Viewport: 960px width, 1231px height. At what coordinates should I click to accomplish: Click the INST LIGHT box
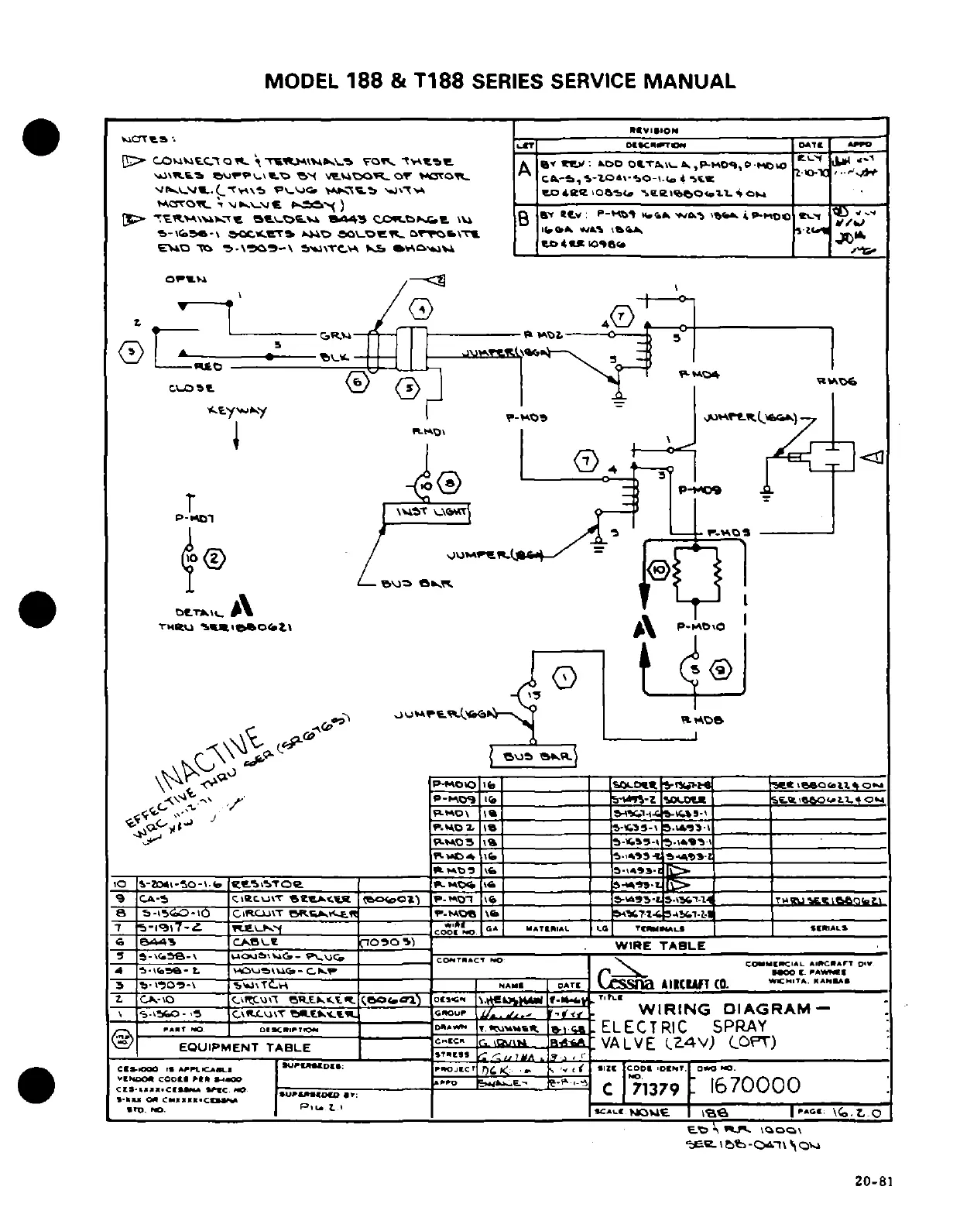click(427, 512)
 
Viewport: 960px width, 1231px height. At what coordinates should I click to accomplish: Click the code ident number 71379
click(655, 1089)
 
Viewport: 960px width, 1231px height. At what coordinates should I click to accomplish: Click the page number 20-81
click(874, 1181)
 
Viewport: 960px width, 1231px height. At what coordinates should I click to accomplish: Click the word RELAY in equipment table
click(257, 928)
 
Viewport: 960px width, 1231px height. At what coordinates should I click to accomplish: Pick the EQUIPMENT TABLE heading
click(245, 1048)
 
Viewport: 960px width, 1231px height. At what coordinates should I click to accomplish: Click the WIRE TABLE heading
click(660, 945)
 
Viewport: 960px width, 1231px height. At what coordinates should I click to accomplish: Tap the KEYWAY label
click(237, 412)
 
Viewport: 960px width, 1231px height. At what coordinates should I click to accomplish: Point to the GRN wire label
click(335, 336)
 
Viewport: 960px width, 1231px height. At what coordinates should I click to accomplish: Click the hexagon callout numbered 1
click(564, 678)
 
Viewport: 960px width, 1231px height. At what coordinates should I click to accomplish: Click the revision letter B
click(524, 218)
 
